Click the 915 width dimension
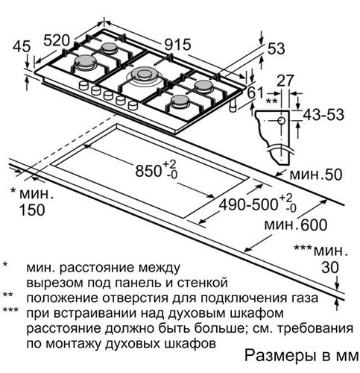tap(178, 46)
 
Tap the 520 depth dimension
tap(57, 40)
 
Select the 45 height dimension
tap(22, 46)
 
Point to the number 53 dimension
tap(276, 48)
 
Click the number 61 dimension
tap(255, 94)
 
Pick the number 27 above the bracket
tap(285, 81)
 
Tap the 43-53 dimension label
tap(323, 115)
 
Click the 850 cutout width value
tap(148, 171)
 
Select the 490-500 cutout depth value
tap(247, 205)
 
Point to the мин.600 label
tap(296, 225)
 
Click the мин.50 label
tap(316, 175)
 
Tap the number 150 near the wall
tap(32, 210)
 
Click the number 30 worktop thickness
tap(330, 268)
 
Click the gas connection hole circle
tap(282, 121)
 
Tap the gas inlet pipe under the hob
tap(233, 106)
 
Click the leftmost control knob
tap(83, 86)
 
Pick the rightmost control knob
tap(133, 105)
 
